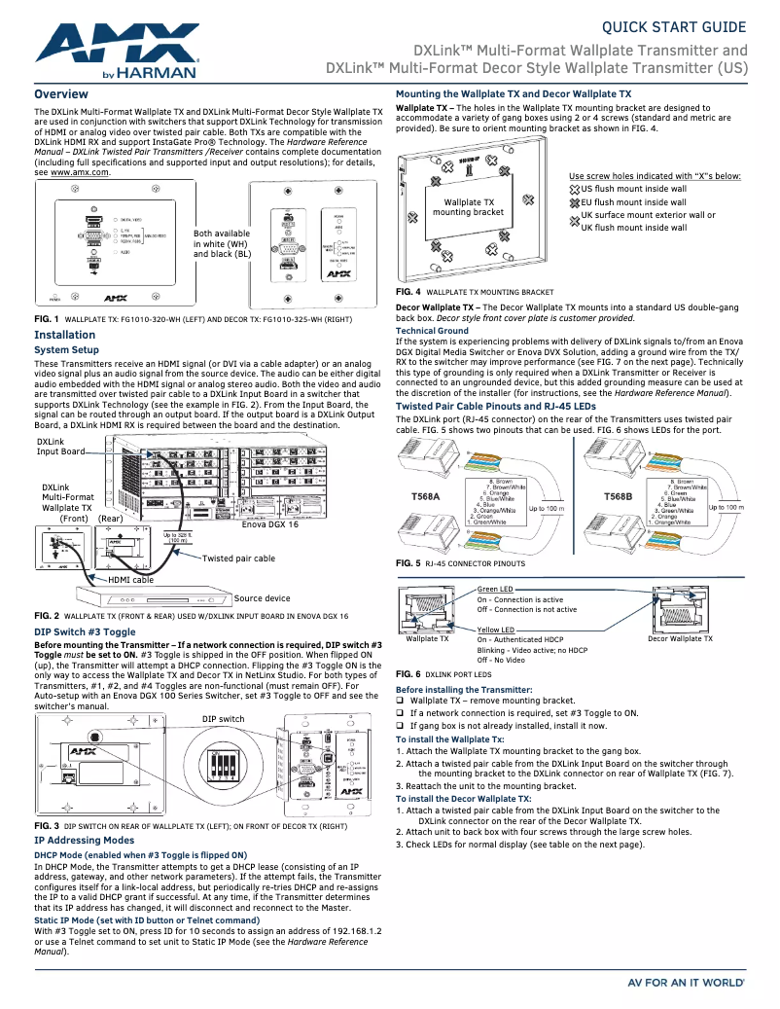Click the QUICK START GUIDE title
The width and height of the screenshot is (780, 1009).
click(x=675, y=26)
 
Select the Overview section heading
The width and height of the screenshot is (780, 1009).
click(x=61, y=94)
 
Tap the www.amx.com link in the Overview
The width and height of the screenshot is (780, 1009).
click(x=80, y=171)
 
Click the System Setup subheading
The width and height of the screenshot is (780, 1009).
click(x=66, y=349)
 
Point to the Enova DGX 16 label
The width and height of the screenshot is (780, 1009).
click(x=269, y=524)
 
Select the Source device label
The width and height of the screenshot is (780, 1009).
click(x=262, y=598)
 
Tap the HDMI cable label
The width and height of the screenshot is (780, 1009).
click(x=130, y=580)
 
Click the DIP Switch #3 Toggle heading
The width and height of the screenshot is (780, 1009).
click(x=85, y=631)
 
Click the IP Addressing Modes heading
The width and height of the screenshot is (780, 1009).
click(x=84, y=839)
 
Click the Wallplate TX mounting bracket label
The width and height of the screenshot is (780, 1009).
click(x=468, y=207)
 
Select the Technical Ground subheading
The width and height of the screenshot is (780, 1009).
click(x=431, y=331)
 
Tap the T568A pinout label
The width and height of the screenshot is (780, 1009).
click(x=425, y=497)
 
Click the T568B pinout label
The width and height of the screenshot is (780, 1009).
click(x=618, y=497)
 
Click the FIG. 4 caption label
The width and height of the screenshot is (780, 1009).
click(x=408, y=292)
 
